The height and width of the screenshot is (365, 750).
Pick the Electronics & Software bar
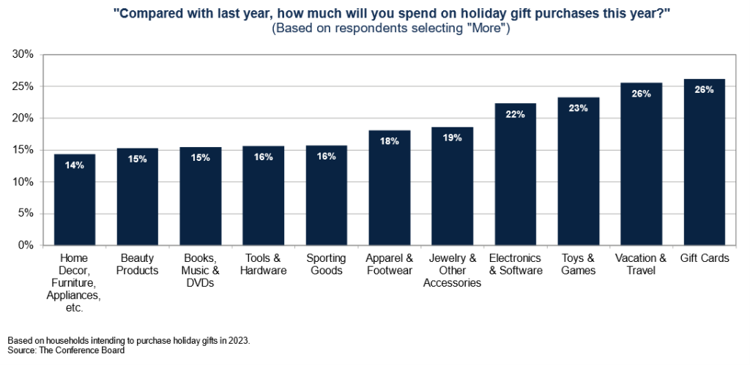pyautogui.click(x=515, y=175)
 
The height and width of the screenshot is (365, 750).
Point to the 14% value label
pyautogui.click(x=75, y=165)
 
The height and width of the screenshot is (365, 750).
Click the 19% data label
pyautogui.click(x=452, y=138)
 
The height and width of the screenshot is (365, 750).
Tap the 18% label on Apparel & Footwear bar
pyautogui.click(x=389, y=141)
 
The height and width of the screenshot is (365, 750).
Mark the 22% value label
pyautogui.click(x=515, y=114)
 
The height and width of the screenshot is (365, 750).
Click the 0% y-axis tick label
pyautogui.click(x=26, y=246)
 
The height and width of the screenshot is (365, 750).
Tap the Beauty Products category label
pyautogui.click(x=138, y=265)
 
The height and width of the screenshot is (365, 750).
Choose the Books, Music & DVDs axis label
pyautogui.click(x=200, y=271)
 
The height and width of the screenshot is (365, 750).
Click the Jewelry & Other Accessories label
pyautogui.click(x=452, y=271)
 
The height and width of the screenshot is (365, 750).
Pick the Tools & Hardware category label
pyautogui.click(x=263, y=265)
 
